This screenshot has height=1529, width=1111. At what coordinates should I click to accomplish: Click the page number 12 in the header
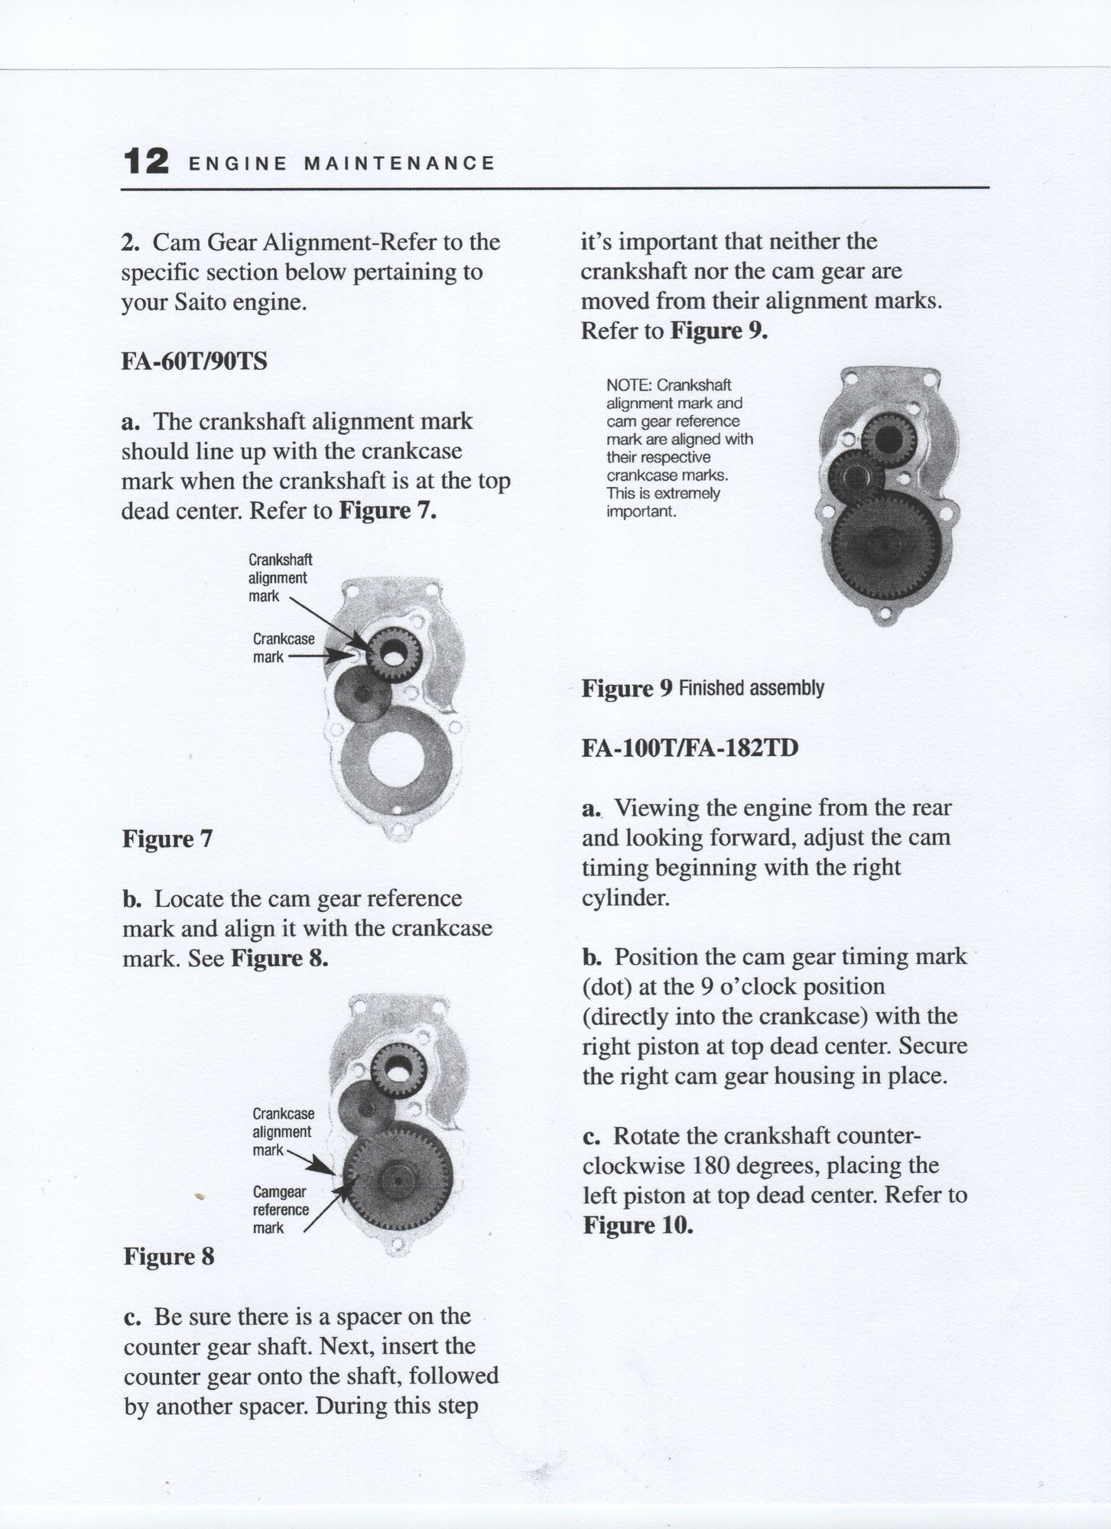pos(145,161)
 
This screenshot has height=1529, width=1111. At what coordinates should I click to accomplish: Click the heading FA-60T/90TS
pos(194,360)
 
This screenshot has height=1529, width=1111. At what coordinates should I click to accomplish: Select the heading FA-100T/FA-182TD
pos(690,747)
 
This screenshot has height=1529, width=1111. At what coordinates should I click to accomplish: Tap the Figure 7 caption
pos(167,839)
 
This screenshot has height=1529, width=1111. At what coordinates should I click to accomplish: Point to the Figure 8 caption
pos(168,1257)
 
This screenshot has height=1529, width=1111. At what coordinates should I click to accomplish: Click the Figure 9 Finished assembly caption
pos(703,688)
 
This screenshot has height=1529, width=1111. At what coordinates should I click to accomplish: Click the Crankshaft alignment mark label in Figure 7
pos(280,578)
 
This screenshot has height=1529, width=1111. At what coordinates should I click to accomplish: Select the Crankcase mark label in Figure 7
pos(283,648)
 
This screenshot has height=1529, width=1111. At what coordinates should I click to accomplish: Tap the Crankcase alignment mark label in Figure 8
pos(283,1131)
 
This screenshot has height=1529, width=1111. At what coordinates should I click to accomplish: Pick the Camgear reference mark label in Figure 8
pos(281,1210)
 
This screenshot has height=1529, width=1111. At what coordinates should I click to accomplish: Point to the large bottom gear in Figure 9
pos(885,548)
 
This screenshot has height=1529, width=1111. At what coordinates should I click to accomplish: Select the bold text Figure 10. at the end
pos(638,1225)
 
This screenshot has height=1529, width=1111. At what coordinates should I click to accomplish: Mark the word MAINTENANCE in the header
pos(400,163)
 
